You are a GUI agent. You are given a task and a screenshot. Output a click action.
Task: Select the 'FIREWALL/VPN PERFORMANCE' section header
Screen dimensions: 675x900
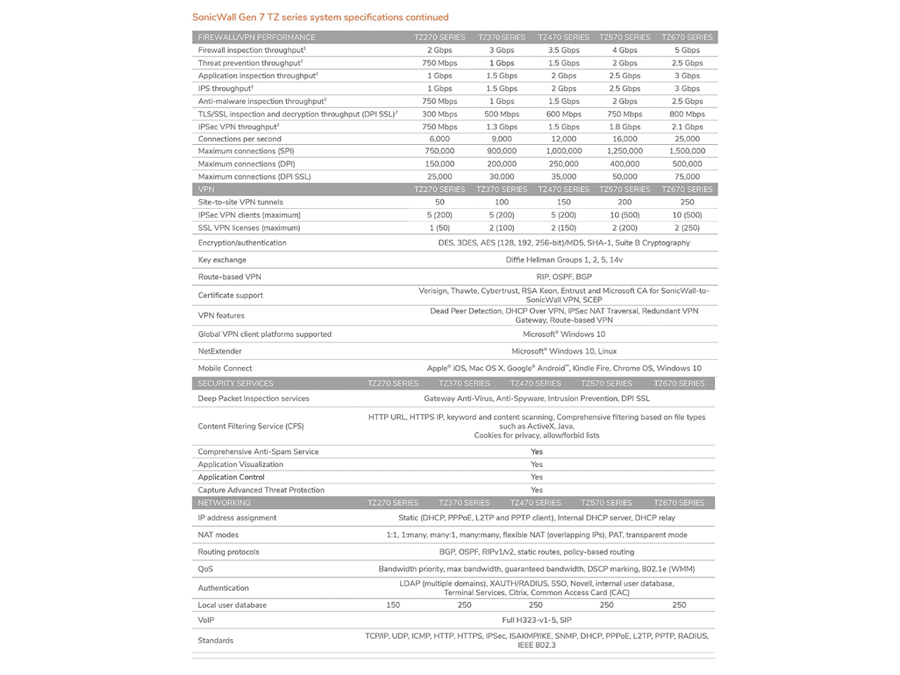257,37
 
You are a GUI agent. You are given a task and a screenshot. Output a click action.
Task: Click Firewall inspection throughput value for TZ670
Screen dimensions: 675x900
687,50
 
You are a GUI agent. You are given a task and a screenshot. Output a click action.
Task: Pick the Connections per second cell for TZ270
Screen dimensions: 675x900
439,139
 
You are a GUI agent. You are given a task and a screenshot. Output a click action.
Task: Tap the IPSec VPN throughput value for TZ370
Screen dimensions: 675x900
501,127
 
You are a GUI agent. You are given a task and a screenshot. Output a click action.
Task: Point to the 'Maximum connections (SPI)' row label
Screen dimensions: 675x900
246,151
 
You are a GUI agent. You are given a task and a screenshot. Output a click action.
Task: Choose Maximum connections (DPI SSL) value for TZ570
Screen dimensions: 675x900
624,176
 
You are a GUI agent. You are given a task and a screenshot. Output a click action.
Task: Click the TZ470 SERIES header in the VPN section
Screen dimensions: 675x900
563,189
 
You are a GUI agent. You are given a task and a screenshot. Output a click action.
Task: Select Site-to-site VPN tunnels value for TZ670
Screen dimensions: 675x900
687,202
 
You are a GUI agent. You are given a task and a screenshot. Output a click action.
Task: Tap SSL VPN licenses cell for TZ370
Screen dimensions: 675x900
501,228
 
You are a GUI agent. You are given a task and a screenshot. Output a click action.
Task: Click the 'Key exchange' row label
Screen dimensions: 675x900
222,259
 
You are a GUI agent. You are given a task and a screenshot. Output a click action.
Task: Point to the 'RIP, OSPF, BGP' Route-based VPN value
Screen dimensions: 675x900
564,277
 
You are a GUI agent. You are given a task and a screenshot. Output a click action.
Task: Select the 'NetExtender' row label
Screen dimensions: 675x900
219,351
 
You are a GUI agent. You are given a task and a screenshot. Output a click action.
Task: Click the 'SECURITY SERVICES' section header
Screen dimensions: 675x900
236,383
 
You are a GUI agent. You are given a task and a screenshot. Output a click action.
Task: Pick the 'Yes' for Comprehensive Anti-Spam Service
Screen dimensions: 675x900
536,451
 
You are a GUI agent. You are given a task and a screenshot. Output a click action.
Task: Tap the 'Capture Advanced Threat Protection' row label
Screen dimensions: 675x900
261,490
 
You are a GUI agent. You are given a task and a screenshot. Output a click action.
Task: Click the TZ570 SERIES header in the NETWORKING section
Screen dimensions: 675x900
606,503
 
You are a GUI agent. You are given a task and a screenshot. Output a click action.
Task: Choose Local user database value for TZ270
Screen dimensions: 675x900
393,605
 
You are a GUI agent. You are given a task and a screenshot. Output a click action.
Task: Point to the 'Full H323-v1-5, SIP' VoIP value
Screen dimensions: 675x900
536,620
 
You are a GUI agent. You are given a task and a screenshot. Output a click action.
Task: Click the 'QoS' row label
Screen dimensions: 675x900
205,569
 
